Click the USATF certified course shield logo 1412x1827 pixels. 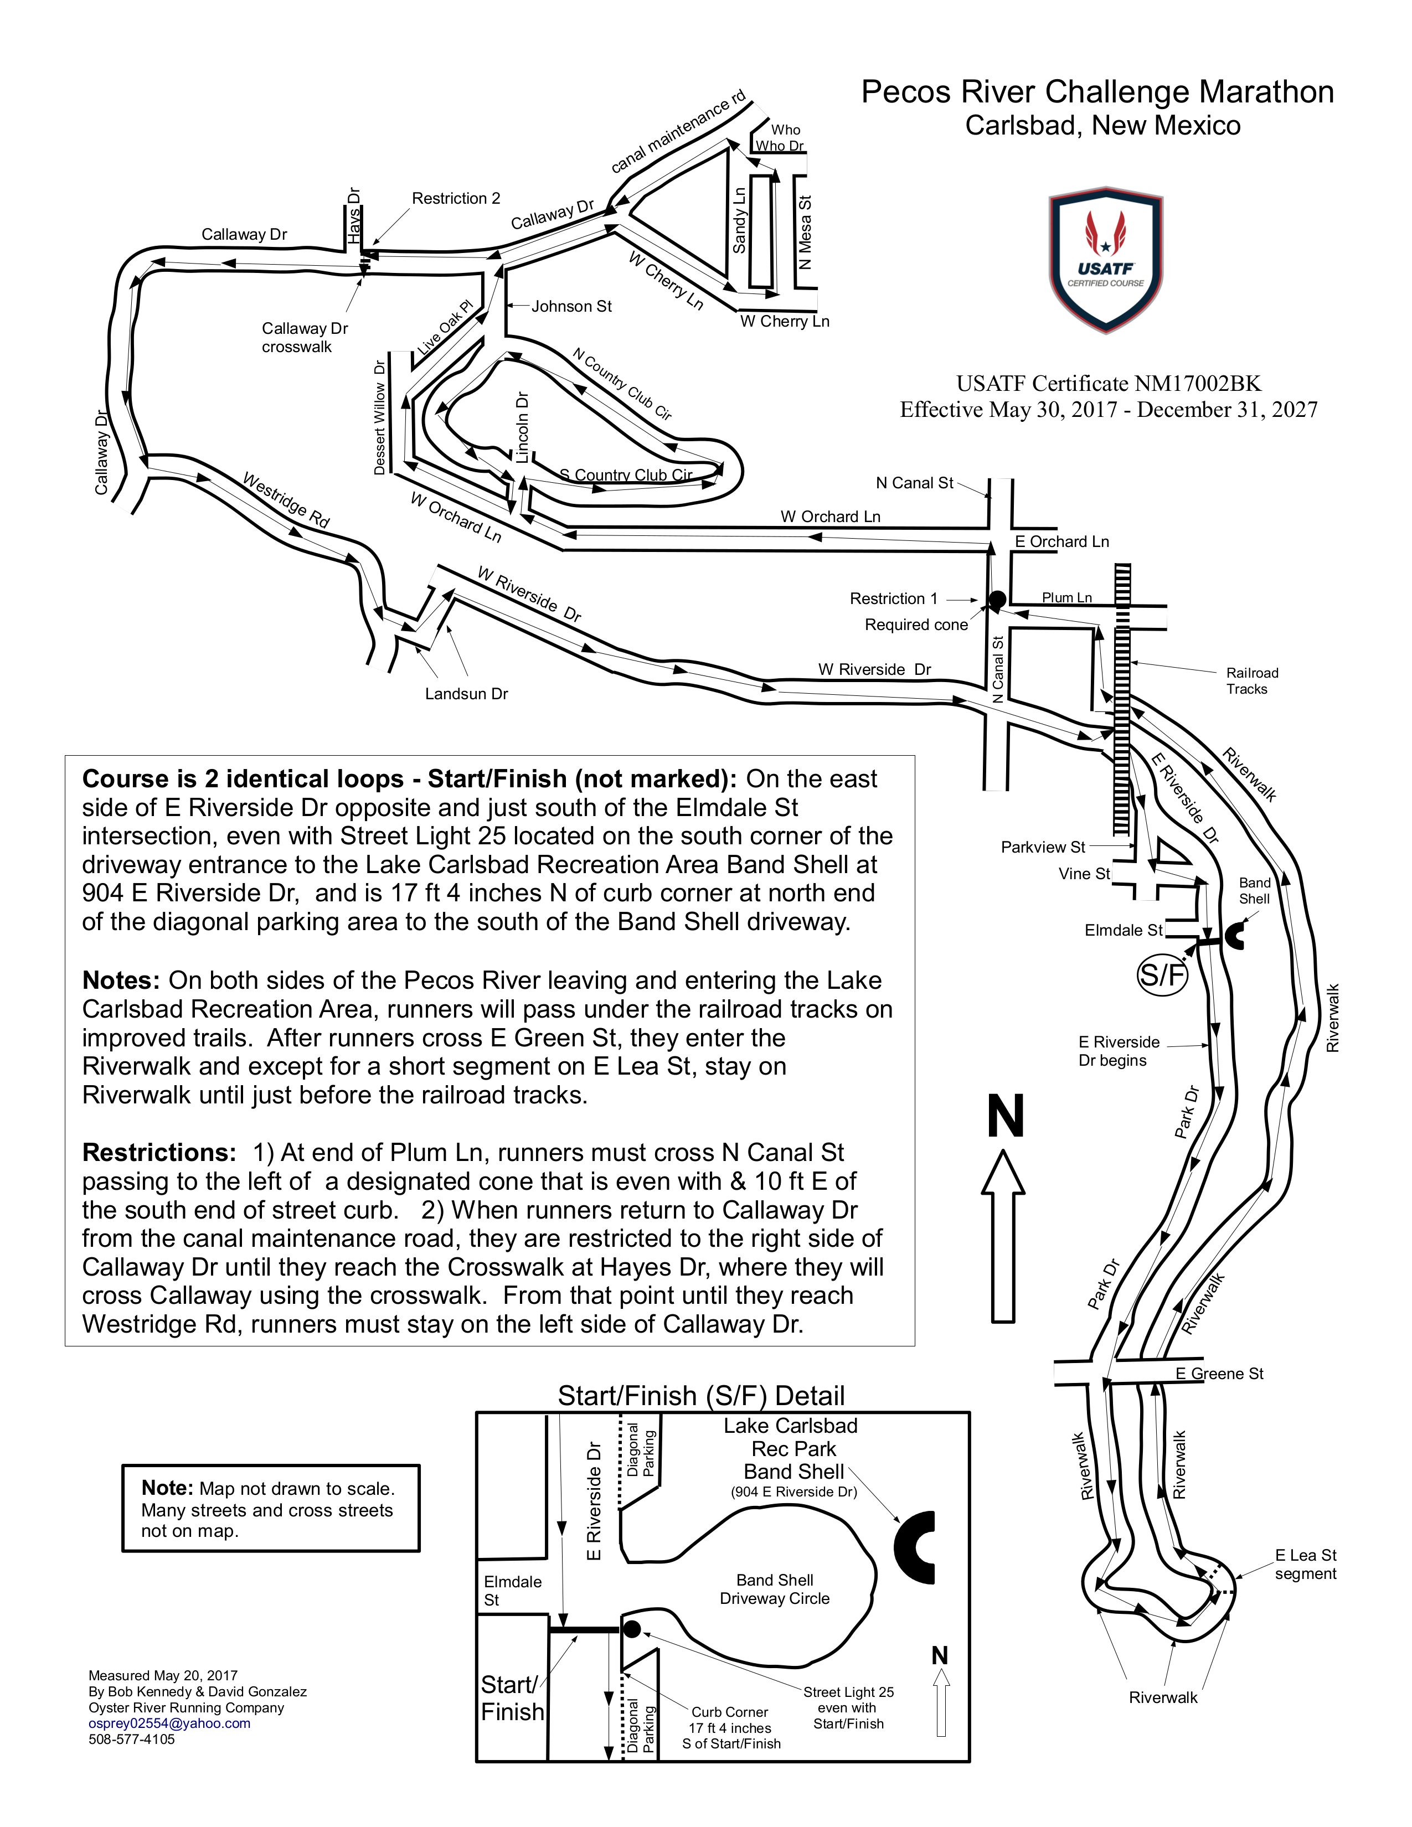coord(1105,259)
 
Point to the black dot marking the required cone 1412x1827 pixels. coord(997,599)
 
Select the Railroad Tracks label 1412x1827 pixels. coord(1251,681)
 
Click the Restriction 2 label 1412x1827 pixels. coord(456,198)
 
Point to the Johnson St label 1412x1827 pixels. coord(571,306)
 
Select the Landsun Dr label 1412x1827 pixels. coord(466,694)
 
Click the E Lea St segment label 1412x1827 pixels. coord(1305,1565)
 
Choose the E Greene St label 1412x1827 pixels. coord(1219,1374)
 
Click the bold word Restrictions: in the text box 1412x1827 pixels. coord(159,1153)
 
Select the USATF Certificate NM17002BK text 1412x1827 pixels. coord(1109,383)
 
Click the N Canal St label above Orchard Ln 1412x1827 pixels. coord(914,483)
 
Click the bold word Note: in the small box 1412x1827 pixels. coord(167,1488)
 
